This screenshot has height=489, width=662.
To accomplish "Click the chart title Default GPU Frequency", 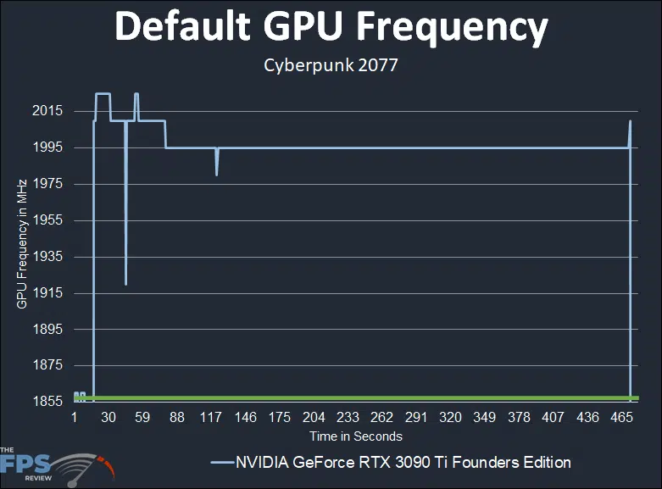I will coord(331,29).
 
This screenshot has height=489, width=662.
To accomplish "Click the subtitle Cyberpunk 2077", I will coord(331,65).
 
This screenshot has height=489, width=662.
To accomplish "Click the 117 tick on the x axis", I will coord(211,418).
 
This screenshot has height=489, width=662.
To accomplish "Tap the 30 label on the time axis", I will coord(108,418).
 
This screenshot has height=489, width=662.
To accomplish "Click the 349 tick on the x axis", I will coord(485,418).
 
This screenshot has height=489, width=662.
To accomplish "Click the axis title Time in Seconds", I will coord(355,436).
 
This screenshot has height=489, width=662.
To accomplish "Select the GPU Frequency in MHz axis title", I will coord(22,243).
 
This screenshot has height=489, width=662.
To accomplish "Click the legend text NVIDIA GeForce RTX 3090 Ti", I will coord(403,463).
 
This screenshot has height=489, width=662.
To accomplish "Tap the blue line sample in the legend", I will coord(220,463).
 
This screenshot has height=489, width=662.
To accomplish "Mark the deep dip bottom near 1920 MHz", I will coord(125,284).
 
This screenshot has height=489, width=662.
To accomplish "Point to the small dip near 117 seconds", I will coord(217,175).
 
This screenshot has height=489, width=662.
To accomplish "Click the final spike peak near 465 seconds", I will coord(630,121).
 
